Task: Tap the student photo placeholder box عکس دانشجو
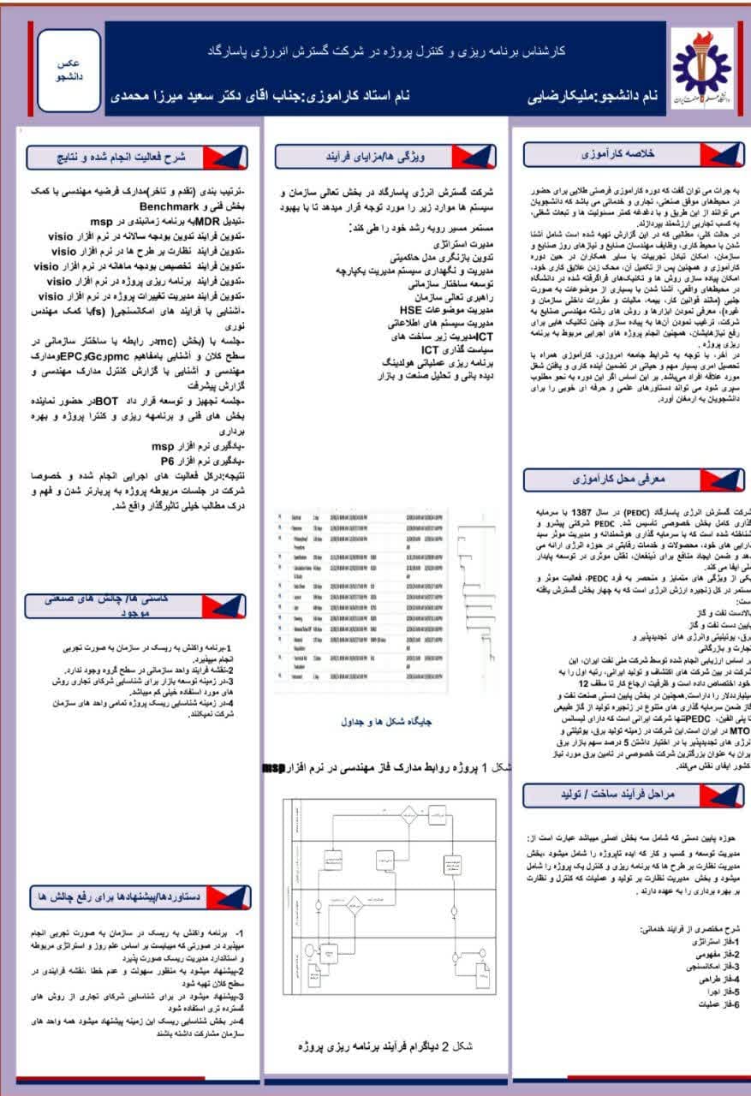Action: coord(69,70)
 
